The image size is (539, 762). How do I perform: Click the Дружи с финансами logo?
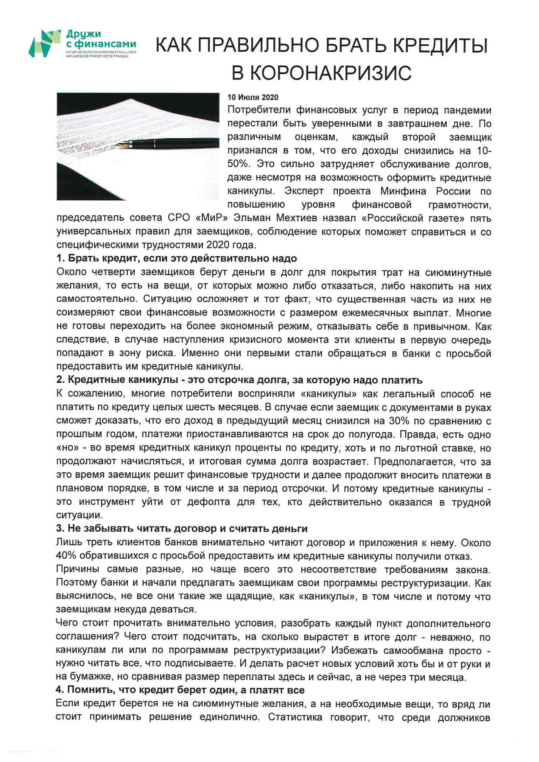click(x=82, y=43)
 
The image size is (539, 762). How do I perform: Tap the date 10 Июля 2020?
click(x=253, y=97)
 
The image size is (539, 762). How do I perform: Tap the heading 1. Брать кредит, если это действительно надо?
click(x=176, y=258)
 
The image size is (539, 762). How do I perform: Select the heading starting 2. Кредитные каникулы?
click(x=239, y=380)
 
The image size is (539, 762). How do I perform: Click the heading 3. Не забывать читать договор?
click(x=182, y=529)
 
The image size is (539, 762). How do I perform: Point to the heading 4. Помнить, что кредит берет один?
click(x=180, y=690)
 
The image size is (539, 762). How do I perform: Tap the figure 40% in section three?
click(x=65, y=556)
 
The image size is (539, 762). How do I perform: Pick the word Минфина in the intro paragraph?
click(x=397, y=191)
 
